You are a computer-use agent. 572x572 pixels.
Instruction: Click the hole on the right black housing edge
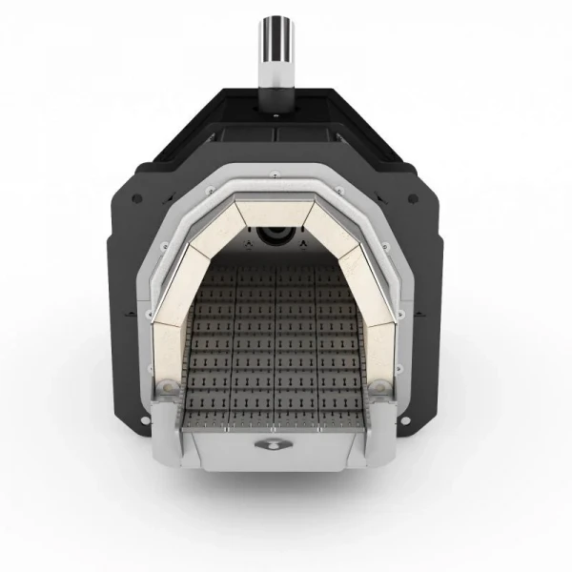(x=414, y=199)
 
